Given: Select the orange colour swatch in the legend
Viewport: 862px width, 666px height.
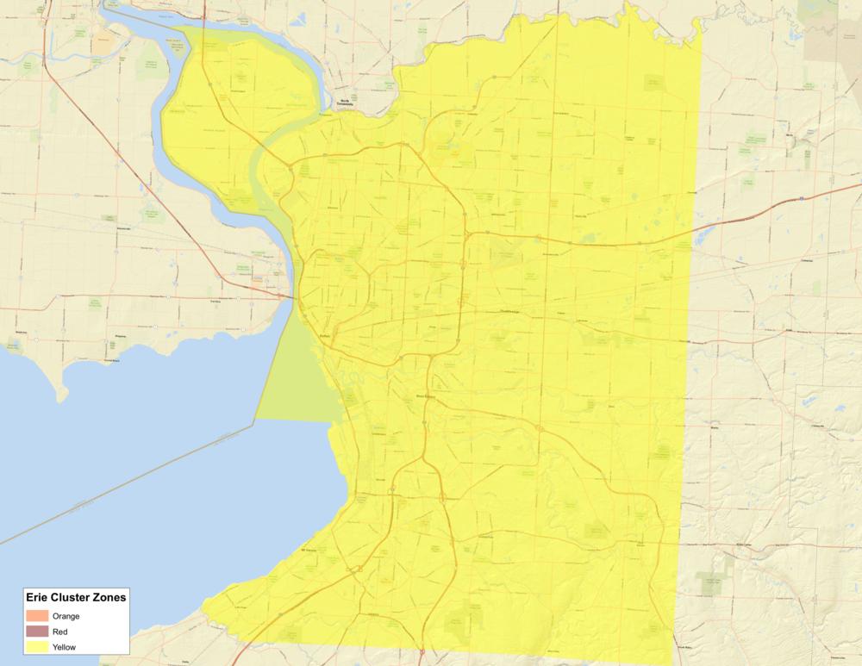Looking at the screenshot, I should (x=37, y=616).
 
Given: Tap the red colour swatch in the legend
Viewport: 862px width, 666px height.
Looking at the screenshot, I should (x=37, y=632).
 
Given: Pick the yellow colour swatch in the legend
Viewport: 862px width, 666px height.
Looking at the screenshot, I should (x=37, y=647).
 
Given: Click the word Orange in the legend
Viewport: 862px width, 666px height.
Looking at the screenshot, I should (x=66, y=616).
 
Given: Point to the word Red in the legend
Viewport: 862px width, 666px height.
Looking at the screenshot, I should (x=61, y=632).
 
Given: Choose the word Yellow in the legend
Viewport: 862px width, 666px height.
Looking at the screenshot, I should (x=66, y=647).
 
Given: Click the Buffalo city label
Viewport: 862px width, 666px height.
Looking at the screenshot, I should (x=325, y=337).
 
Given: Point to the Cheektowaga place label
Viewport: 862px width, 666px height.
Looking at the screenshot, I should (x=510, y=312).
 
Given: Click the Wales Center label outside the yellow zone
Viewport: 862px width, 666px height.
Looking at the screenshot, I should (x=743, y=545).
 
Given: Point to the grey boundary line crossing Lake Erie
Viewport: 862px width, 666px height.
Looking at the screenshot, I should (x=129, y=482).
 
